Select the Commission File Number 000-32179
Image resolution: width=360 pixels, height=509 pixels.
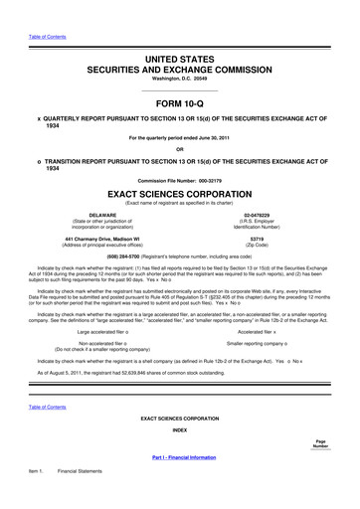[211, 179]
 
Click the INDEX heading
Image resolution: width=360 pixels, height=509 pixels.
[180, 429]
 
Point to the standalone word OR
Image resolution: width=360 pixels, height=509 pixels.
[180, 151]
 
